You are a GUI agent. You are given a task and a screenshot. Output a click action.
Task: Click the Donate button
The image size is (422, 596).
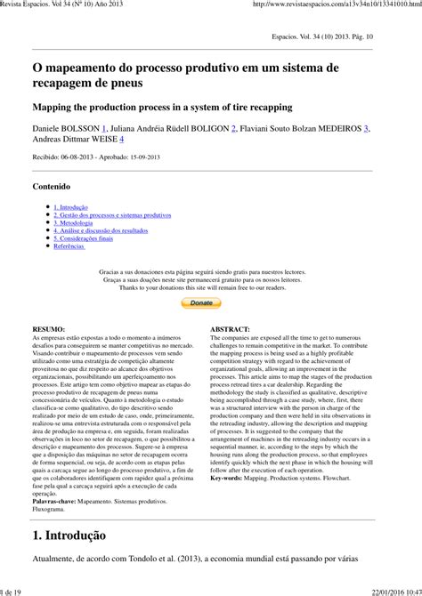tap(201, 302)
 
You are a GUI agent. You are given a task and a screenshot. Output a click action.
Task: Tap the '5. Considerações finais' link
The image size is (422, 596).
tap(83, 238)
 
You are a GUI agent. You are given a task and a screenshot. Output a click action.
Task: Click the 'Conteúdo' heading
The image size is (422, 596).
tap(51, 187)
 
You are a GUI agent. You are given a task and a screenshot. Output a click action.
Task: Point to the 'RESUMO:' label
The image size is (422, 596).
tap(48, 329)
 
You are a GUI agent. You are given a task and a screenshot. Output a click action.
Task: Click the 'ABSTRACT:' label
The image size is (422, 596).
tap(230, 329)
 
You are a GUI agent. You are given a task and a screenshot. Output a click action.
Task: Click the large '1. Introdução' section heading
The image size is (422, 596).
tap(69, 536)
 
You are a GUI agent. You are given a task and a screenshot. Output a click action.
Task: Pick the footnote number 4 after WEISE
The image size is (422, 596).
tap(122, 140)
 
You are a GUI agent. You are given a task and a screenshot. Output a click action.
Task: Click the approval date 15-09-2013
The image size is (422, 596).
tap(167, 156)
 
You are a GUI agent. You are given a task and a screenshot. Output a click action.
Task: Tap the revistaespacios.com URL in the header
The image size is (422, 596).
tap(337, 4)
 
